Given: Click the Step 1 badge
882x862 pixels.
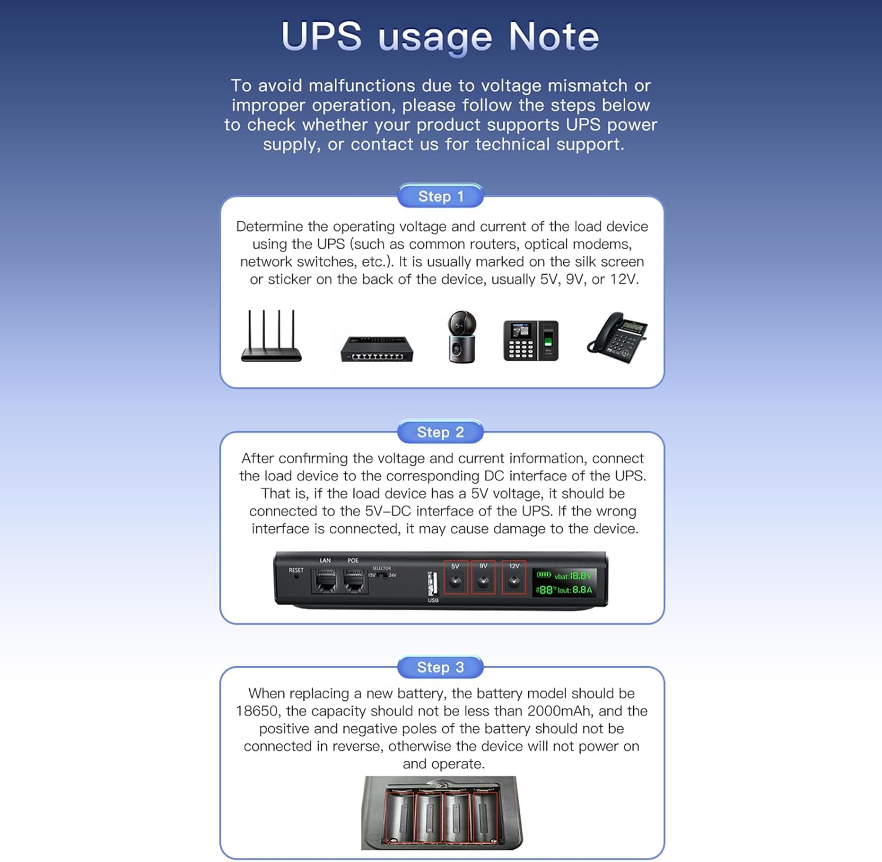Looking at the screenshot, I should tap(440, 196).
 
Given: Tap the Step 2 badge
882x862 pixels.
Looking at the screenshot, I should tap(440, 432).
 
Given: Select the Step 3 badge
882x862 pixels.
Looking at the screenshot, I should tap(440, 667).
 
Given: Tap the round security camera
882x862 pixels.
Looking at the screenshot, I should tap(462, 337).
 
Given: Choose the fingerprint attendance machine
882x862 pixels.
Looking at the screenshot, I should tap(531, 340).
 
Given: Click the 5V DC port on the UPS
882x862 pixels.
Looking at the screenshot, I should tap(455, 582).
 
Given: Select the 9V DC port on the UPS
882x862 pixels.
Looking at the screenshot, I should tap(483, 582).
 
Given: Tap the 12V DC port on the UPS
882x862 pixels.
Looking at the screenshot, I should tap(514, 582).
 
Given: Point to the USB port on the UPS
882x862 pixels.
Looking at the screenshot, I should tap(433, 584).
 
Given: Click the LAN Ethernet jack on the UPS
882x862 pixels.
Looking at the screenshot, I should tap(326, 581).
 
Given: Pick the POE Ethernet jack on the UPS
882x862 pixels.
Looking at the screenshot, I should tap(353, 581).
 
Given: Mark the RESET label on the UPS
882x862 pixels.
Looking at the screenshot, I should tap(296, 570).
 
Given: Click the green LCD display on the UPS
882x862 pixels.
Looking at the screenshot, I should tap(564, 583).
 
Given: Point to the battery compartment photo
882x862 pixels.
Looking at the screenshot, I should tap(442, 813).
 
